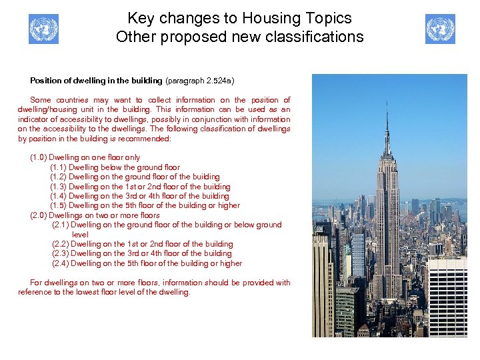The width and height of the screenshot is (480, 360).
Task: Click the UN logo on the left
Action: coord(43,29)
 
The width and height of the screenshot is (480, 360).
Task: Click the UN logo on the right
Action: coord(440,29)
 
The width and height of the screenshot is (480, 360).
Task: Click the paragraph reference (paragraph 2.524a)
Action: coord(199,81)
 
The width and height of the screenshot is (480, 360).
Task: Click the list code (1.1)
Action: coord(58,167)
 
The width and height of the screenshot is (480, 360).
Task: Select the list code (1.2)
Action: coord(58,177)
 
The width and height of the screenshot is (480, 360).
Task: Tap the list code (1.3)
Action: coord(58,187)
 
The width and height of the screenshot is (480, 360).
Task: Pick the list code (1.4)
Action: coord(58,196)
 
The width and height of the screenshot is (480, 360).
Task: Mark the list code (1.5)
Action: coord(58,205)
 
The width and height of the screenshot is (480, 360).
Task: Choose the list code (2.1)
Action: coord(60,225)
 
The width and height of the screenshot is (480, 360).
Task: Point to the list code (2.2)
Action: coord(60,244)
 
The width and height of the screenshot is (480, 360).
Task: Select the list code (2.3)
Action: coord(60,253)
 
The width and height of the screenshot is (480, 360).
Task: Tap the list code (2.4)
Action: coord(60,263)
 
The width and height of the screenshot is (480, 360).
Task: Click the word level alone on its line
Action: coord(80,235)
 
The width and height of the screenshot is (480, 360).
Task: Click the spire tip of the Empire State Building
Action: coord(386,99)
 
